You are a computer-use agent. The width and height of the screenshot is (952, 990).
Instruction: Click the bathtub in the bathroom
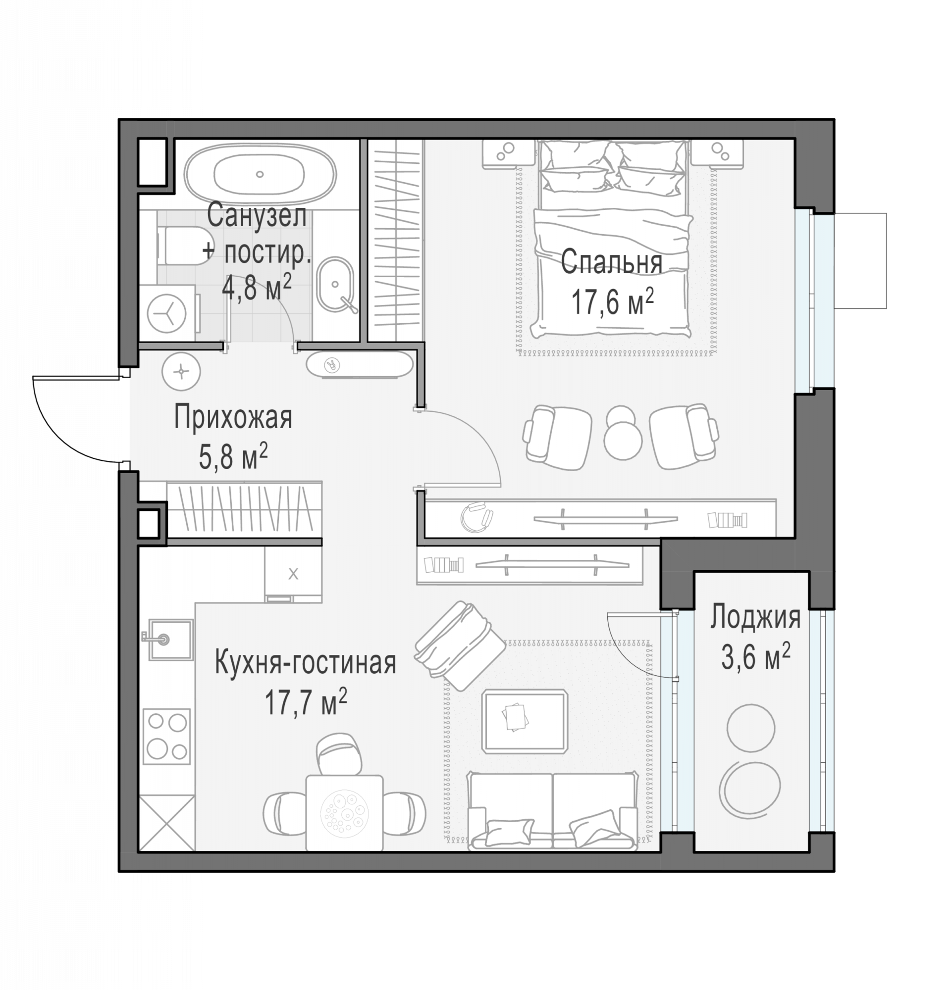point(259,175)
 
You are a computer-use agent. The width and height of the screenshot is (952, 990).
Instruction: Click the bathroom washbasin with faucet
point(335,286)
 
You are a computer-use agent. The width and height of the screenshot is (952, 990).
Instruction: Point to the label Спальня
point(611,262)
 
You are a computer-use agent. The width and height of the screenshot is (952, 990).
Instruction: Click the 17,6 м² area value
point(612,301)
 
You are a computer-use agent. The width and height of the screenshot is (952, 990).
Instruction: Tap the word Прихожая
point(233,418)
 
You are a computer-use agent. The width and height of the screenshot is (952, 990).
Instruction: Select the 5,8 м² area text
point(233,456)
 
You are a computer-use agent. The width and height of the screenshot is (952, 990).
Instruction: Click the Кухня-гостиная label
point(305,663)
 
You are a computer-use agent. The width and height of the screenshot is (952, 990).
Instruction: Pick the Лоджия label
point(755,617)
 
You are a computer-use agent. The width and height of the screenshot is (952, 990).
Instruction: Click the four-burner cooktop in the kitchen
point(167,737)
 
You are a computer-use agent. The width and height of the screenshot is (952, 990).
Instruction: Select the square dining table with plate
point(345,813)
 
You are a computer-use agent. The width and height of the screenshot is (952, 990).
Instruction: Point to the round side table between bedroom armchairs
point(623,432)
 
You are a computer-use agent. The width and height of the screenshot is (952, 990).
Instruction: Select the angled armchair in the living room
point(459,645)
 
